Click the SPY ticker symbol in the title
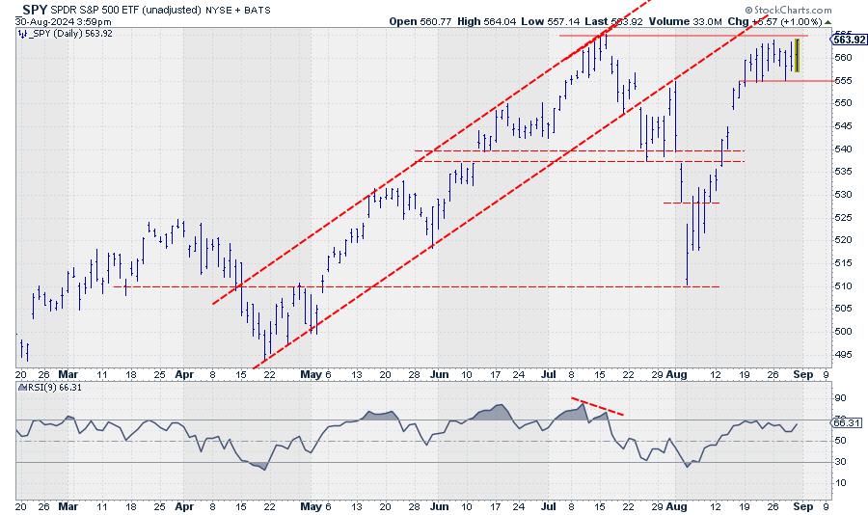click(36, 8)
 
